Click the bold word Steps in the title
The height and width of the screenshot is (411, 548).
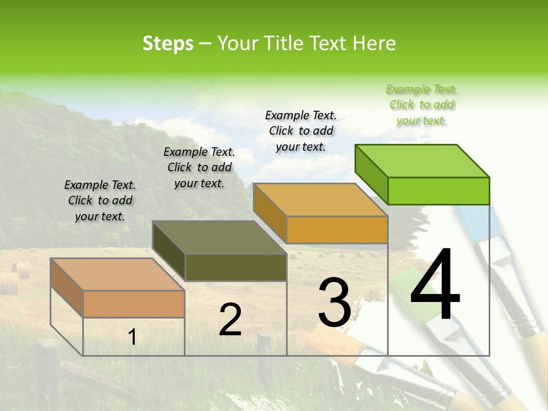pos(168,43)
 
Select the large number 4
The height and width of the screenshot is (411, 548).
pos(435,285)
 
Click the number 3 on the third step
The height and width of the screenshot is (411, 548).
pos(335,303)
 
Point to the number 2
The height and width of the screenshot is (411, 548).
pos(230,320)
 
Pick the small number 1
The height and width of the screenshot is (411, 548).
pos(132,337)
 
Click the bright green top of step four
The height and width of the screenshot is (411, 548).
pos(422,161)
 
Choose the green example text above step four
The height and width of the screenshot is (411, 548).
pos(422,104)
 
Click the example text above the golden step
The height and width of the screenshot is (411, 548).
pos(301,131)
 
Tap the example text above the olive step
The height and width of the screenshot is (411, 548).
pos(199,167)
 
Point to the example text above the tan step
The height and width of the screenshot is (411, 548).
pos(100,200)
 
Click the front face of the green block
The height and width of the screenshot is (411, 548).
pos(438,191)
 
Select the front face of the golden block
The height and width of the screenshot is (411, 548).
pos(337,229)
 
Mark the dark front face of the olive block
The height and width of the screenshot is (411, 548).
pos(236,267)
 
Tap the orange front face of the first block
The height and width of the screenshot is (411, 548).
pos(134,304)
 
